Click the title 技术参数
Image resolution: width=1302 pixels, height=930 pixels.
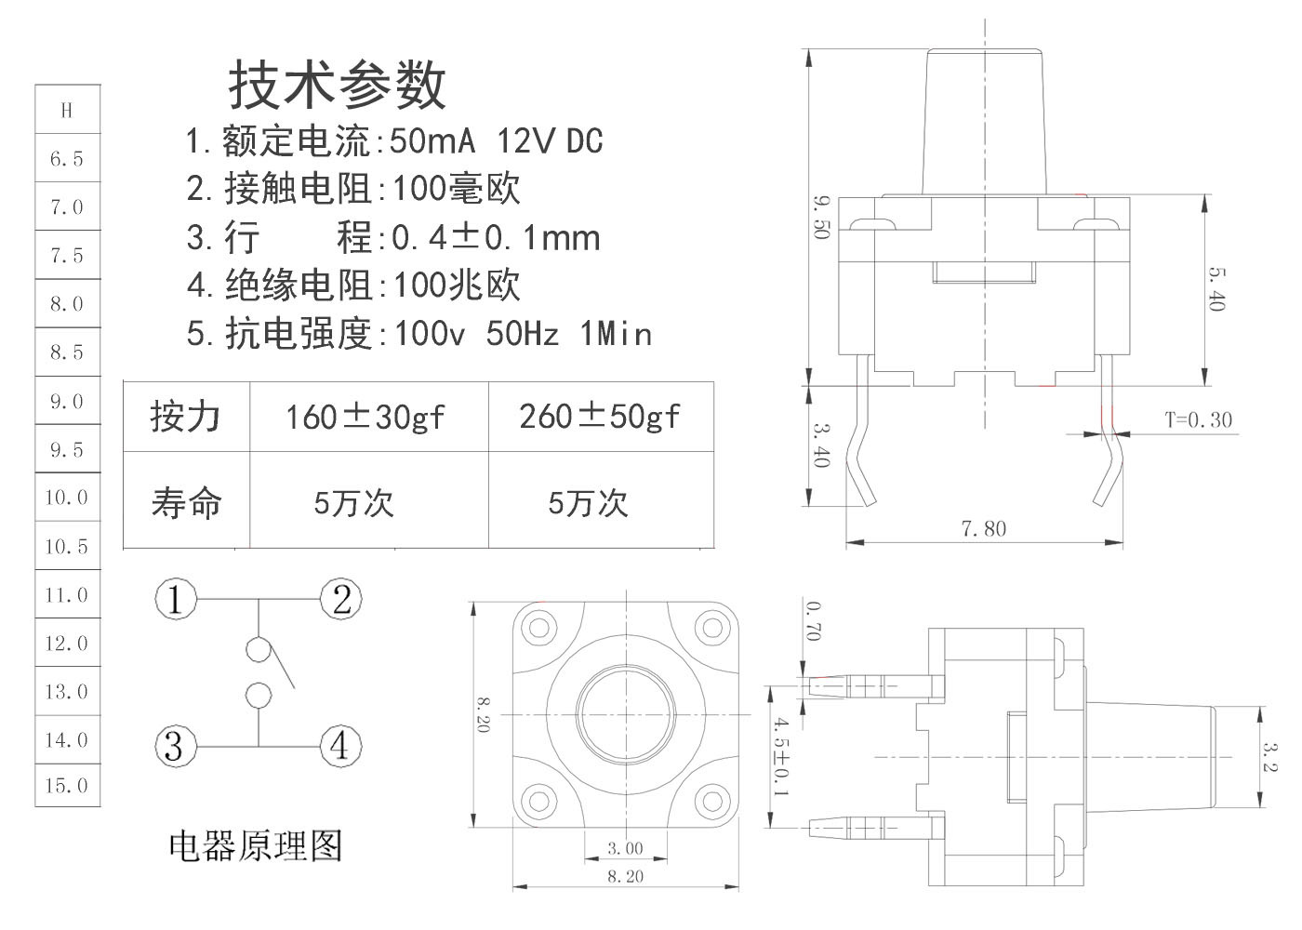pyautogui.click(x=337, y=86)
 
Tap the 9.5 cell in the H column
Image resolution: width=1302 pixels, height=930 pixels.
pyautogui.click(x=67, y=450)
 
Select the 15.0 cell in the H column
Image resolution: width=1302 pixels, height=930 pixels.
pyautogui.click(x=67, y=786)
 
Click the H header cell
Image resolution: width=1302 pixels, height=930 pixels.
pyautogui.click(x=67, y=111)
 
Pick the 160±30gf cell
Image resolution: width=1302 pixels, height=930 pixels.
pyautogui.click(x=365, y=417)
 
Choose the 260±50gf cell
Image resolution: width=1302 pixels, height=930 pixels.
pyautogui.click(x=600, y=417)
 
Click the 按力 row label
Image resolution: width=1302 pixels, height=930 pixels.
pyautogui.click(x=186, y=417)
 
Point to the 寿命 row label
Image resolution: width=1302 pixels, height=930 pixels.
pyautogui.click(x=186, y=502)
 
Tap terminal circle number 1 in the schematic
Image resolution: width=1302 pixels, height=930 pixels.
pyautogui.click(x=175, y=599)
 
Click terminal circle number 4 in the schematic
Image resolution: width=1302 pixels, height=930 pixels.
pyautogui.click(x=340, y=746)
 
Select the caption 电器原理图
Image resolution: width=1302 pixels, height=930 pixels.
pyautogui.click(x=256, y=845)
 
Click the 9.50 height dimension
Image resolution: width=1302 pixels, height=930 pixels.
pyautogui.click(x=820, y=217)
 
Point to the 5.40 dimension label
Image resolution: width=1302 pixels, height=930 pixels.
pyautogui.click(x=1217, y=288)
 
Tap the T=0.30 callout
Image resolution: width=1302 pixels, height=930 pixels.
pyautogui.click(x=1198, y=420)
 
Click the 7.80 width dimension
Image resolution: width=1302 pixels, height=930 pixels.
pyautogui.click(x=983, y=529)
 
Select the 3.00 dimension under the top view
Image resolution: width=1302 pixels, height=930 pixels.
pyautogui.click(x=625, y=848)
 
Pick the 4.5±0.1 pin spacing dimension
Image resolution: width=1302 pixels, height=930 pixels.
pyautogui.click(x=781, y=755)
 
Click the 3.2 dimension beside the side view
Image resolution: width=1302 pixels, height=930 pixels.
pyautogui.click(x=1270, y=754)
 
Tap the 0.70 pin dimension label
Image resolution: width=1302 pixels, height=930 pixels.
pyautogui.click(x=814, y=620)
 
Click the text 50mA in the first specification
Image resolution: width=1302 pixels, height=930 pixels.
pyautogui.click(x=432, y=141)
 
